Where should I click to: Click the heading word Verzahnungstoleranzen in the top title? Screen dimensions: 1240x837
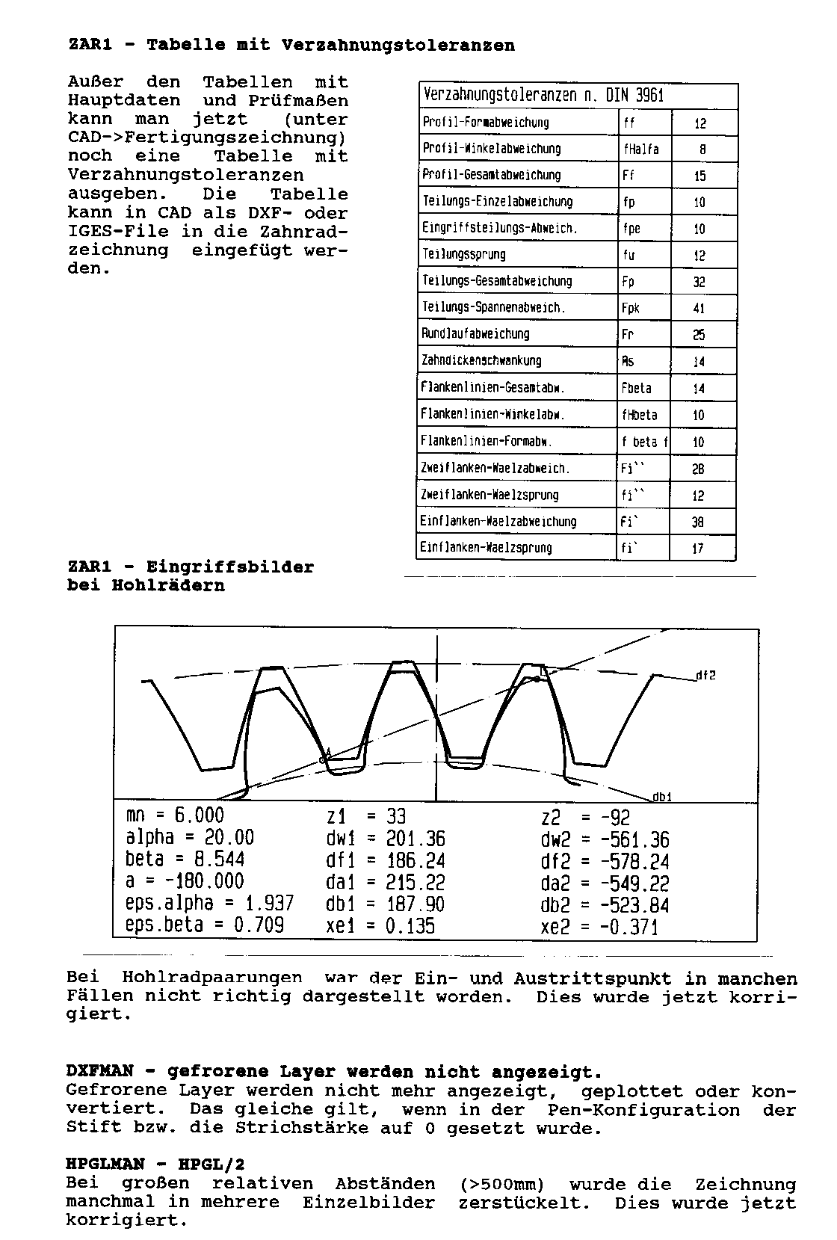[398, 46]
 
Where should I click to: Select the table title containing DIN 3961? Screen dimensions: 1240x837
[543, 96]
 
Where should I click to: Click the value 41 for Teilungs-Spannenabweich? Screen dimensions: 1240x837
[699, 309]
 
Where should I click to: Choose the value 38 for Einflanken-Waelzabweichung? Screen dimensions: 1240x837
[697, 522]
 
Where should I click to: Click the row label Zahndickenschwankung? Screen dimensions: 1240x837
[481, 361]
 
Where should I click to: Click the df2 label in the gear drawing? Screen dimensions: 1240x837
[705, 676]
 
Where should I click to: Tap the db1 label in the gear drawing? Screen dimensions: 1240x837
[662, 797]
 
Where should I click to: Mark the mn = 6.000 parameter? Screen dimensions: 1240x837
[175, 816]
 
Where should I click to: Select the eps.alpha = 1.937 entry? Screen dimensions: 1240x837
[209, 904]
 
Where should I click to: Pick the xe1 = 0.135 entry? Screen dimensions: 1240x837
[380, 927]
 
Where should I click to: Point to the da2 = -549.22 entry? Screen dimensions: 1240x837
[605, 884]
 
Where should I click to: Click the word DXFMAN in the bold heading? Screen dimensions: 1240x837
[95, 1073]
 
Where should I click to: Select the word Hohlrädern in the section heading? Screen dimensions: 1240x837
[167, 586]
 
